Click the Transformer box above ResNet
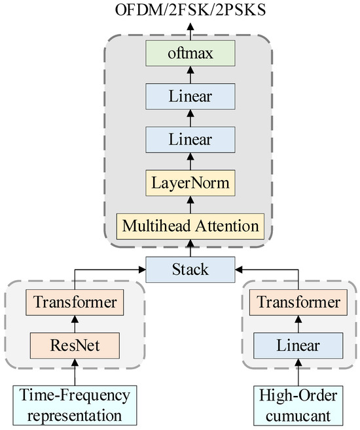click(74, 303)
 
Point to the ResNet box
click(74, 344)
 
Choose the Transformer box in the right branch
click(298, 303)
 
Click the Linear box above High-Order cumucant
click(298, 344)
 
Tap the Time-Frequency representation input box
click(74, 404)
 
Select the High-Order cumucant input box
click(298, 404)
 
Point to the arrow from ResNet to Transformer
click(74, 324)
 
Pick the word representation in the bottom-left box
click(74, 414)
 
